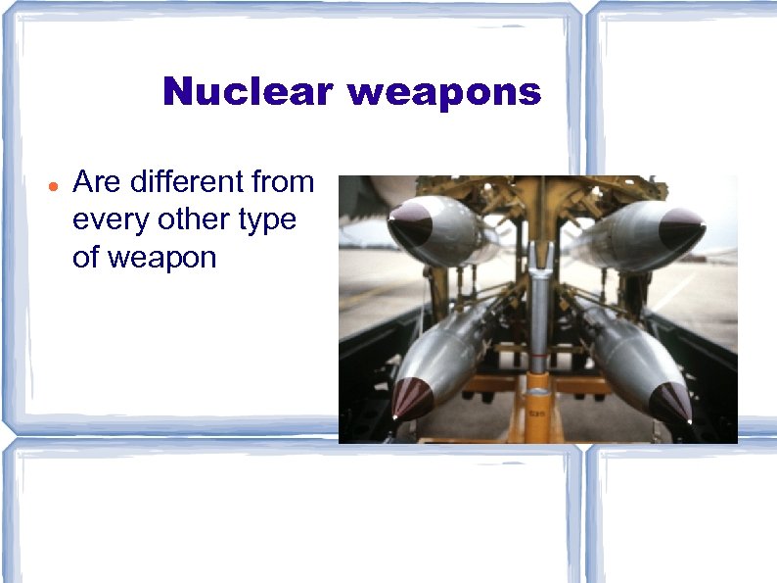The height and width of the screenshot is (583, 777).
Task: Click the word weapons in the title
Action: coord(443,92)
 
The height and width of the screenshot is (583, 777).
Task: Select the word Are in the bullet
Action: coord(96,182)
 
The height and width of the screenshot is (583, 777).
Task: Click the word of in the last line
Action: coord(87,259)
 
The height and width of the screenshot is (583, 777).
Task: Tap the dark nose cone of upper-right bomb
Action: coord(679,227)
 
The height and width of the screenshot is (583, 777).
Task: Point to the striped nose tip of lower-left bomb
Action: coord(411,397)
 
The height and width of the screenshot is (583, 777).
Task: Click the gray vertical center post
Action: coord(538,314)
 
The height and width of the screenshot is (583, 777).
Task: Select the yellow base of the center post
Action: coord(538,407)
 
